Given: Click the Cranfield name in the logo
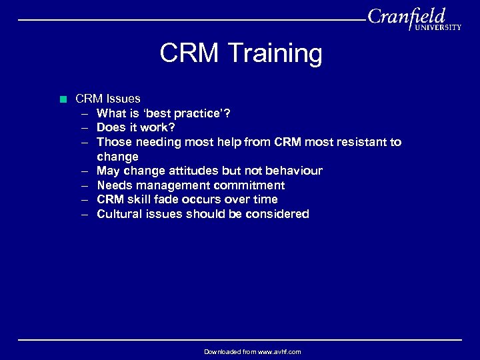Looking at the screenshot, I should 406,16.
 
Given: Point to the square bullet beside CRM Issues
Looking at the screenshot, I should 63,99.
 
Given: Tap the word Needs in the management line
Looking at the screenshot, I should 114,185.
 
